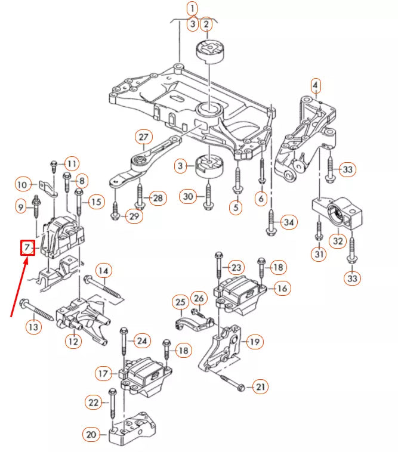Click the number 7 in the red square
click(x=27, y=247)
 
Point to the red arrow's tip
click(x=27, y=258)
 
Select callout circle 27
click(x=143, y=137)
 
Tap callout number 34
click(x=289, y=222)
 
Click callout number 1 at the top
click(x=192, y=8)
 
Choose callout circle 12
click(x=73, y=341)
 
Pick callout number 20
click(x=91, y=435)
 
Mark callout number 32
click(x=338, y=241)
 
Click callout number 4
click(x=315, y=85)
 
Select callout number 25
click(x=181, y=302)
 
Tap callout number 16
click(x=282, y=288)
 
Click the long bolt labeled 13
click(x=36, y=309)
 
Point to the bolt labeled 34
click(x=271, y=221)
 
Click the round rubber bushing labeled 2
click(x=211, y=52)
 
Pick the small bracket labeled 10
click(x=48, y=189)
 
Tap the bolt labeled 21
click(x=232, y=382)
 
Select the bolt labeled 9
click(x=36, y=207)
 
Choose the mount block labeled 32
click(x=338, y=213)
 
